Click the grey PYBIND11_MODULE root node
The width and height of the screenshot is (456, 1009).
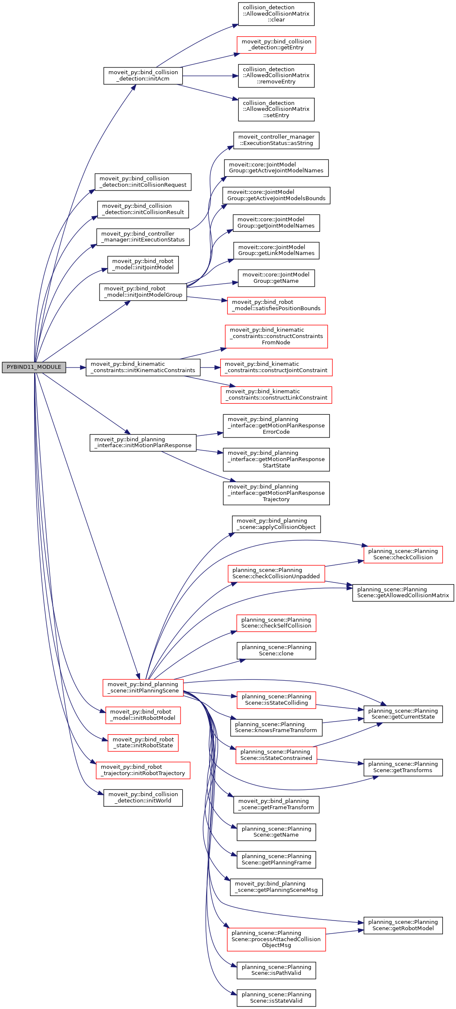[34, 367]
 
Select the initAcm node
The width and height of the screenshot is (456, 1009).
[143, 76]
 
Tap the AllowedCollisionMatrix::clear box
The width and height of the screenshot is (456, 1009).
[276, 14]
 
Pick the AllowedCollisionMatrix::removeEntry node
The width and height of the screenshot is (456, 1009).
[276, 76]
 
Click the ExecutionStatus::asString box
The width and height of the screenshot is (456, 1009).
[276, 140]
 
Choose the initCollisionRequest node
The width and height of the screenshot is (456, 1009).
[143, 182]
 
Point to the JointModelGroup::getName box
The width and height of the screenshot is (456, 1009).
[276, 278]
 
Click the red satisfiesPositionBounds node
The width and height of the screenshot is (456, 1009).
[276, 306]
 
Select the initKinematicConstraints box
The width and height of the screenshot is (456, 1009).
[143, 368]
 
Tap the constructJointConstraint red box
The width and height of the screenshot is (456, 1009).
[276, 368]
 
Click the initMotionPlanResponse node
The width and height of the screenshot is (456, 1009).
[143, 443]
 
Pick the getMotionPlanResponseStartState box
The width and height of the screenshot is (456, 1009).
[276, 459]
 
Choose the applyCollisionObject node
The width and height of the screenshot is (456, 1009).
[276, 524]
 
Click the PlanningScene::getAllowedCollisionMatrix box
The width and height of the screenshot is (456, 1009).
[403, 593]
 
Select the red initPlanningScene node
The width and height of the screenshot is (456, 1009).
[143, 688]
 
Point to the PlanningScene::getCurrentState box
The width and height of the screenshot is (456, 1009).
[403, 714]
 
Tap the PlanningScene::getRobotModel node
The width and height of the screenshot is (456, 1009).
[403, 926]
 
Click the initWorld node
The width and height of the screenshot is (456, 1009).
[143, 798]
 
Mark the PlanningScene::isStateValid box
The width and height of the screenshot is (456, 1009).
[276, 998]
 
